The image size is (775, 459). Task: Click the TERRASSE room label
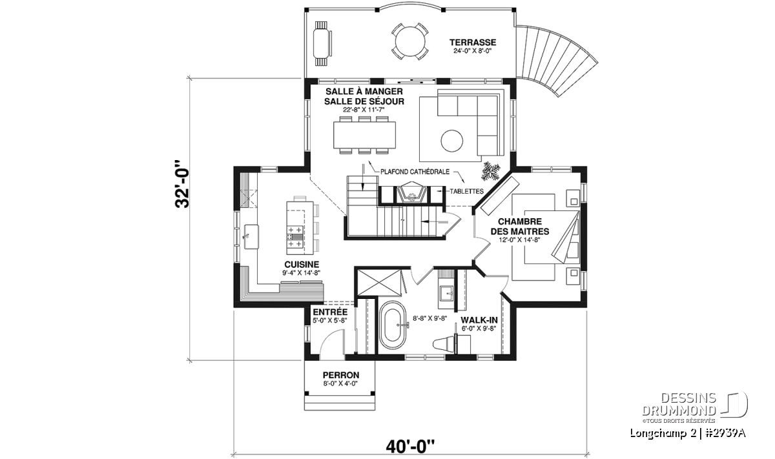(473, 43)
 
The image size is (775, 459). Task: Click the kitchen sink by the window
(251, 236)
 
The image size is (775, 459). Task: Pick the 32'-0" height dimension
(182, 184)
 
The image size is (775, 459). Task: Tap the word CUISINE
(302, 265)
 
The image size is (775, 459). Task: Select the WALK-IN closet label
(479, 320)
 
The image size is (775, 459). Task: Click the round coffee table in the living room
(452, 141)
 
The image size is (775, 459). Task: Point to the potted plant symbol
(491, 171)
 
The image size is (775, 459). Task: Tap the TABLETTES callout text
(466, 191)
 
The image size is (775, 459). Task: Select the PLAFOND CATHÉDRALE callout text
(415, 172)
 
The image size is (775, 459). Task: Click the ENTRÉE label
(330, 312)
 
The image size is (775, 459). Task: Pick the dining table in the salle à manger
(364, 134)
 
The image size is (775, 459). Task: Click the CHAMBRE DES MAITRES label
(520, 226)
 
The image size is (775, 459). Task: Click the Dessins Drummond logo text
(679, 404)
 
